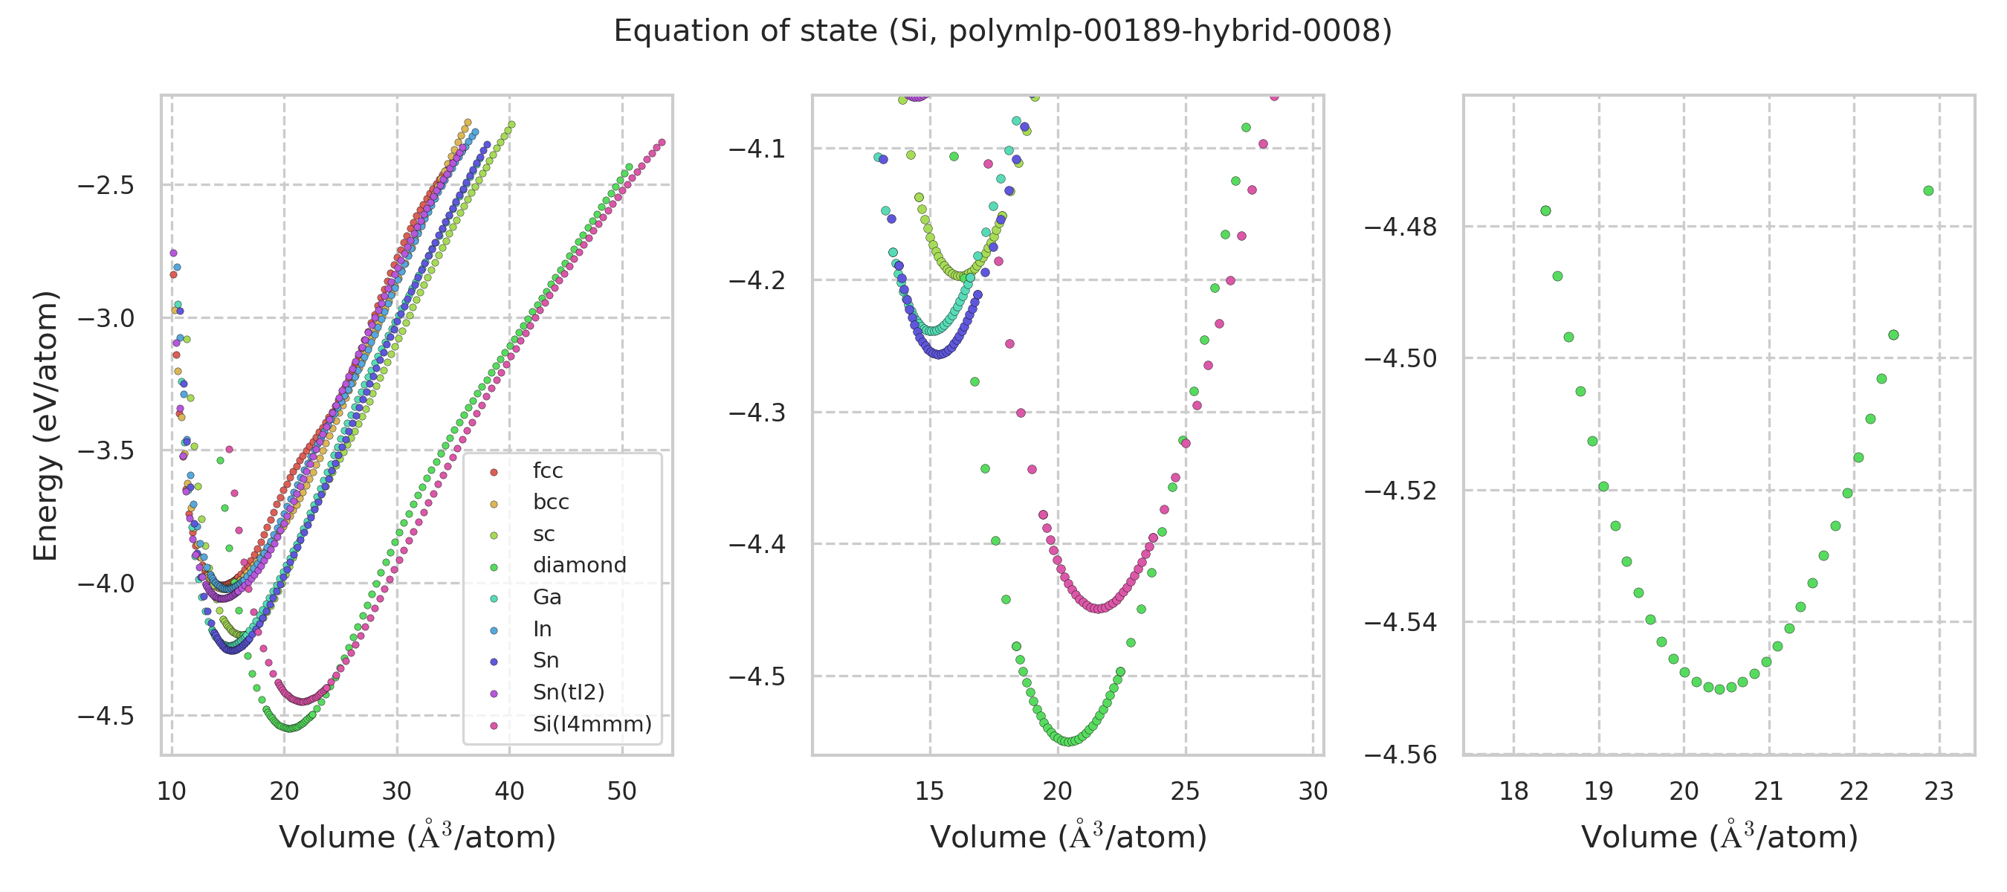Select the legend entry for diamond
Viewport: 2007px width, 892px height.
[x=579, y=565]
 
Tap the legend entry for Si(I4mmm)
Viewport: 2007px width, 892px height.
[x=592, y=724]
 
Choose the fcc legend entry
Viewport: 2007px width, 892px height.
[x=547, y=471]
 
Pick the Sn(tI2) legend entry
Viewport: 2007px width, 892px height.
[x=568, y=692]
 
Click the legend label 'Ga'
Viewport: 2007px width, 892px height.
[x=547, y=597]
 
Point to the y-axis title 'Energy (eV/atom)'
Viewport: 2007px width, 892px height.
[x=45, y=425]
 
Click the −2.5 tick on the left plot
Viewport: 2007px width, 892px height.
[x=106, y=186]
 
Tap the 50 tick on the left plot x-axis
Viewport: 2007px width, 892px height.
[x=621, y=792]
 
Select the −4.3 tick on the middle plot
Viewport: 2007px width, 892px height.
[x=757, y=413]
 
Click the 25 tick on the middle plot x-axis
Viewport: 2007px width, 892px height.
[x=1185, y=792]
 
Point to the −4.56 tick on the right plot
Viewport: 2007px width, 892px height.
[x=1400, y=755]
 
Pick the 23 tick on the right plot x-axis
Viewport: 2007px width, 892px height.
[x=1939, y=792]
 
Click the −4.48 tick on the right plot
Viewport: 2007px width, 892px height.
[x=1400, y=227]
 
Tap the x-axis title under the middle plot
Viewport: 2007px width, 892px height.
[x=1068, y=838]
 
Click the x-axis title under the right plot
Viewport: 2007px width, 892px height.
[x=1719, y=838]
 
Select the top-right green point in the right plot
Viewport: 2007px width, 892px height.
[x=1928, y=191]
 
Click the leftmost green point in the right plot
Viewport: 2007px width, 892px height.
[x=1546, y=211]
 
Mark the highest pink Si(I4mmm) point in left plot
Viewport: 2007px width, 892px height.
[x=662, y=143]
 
